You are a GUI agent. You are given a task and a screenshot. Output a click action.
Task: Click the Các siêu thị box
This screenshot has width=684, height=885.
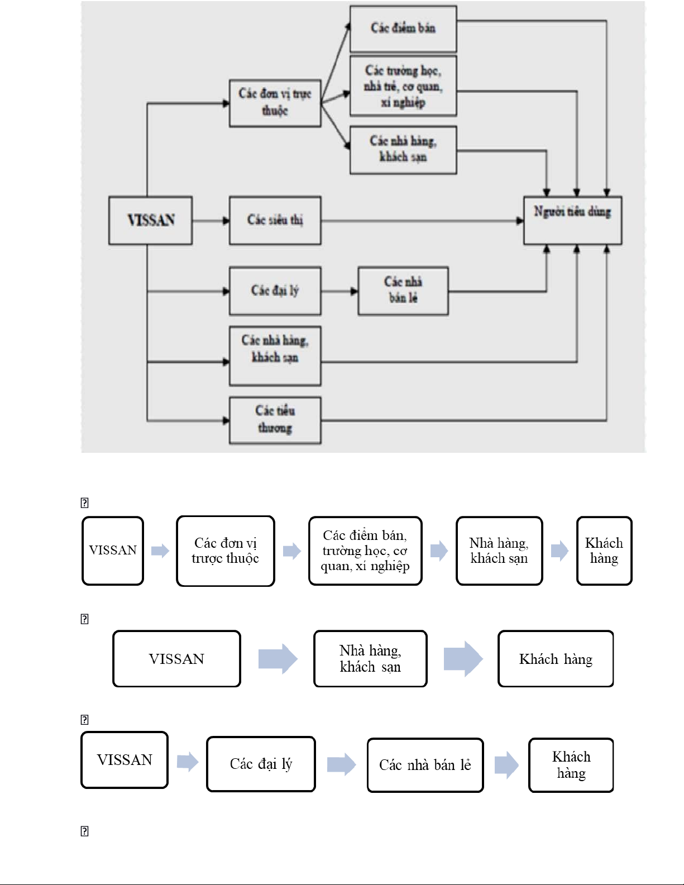click(275, 220)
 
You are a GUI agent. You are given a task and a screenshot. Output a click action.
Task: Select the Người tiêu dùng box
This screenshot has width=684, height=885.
click(572, 220)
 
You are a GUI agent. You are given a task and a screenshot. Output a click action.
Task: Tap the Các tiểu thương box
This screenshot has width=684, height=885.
click(275, 420)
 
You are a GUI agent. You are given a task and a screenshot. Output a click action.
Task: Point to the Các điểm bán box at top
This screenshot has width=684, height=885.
click(403, 28)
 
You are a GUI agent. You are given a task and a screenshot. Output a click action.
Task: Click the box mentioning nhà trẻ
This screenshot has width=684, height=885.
click(403, 86)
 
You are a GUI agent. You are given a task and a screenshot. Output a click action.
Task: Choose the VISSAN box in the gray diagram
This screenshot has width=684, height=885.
click(150, 220)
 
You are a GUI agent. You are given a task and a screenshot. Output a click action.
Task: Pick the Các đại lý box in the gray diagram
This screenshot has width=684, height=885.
click(275, 291)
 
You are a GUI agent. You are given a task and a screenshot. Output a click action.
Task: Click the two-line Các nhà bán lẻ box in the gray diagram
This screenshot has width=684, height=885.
click(403, 291)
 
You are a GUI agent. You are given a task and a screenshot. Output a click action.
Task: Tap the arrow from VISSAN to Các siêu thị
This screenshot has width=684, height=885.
click(211, 221)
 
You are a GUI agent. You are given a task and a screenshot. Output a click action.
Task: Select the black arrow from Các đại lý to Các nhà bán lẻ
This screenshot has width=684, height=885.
click(339, 291)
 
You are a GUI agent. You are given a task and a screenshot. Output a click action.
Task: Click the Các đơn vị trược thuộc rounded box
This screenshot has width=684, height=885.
click(225, 551)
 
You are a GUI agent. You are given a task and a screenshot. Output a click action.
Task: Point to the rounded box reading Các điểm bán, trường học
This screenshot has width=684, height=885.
click(365, 551)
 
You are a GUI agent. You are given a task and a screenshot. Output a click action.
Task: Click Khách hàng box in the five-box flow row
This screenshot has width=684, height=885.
click(604, 551)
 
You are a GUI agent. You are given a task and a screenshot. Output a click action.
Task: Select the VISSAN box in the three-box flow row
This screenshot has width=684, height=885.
click(176, 659)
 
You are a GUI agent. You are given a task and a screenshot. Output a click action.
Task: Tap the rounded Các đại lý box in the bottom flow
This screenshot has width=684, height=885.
click(261, 764)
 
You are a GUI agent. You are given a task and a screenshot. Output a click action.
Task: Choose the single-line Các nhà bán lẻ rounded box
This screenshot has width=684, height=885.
click(425, 765)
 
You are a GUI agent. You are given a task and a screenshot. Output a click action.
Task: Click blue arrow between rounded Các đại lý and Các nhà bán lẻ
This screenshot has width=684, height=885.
click(341, 764)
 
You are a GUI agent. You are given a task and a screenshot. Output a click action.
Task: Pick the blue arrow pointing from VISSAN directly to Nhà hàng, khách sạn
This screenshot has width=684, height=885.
click(278, 659)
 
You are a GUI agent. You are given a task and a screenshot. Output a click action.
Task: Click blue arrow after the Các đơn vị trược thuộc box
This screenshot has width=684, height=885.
click(291, 551)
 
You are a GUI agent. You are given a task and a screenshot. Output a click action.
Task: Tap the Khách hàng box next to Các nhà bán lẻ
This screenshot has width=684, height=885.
click(571, 765)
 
